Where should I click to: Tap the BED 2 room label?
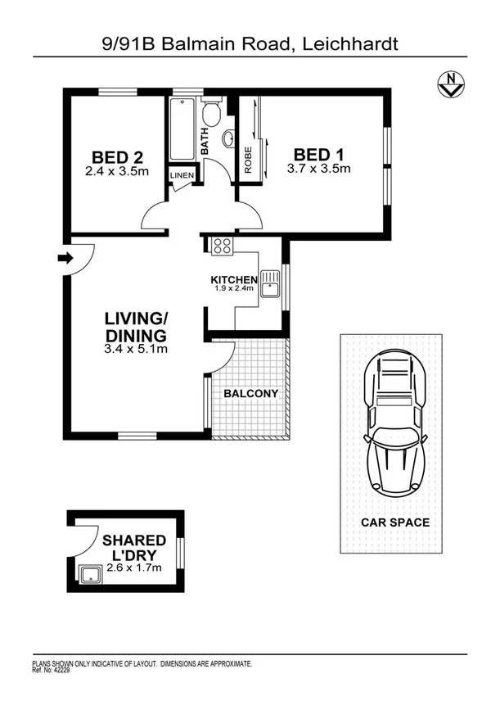point(119,156)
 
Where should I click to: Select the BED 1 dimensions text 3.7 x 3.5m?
point(318,170)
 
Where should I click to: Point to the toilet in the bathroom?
point(212,113)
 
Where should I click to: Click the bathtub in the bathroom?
point(181,130)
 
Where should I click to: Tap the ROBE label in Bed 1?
point(246,158)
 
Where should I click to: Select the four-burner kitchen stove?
point(222,245)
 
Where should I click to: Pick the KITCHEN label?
point(234,280)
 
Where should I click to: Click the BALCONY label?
point(251,393)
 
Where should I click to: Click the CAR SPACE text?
point(395,522)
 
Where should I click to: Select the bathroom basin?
point(229,137)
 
